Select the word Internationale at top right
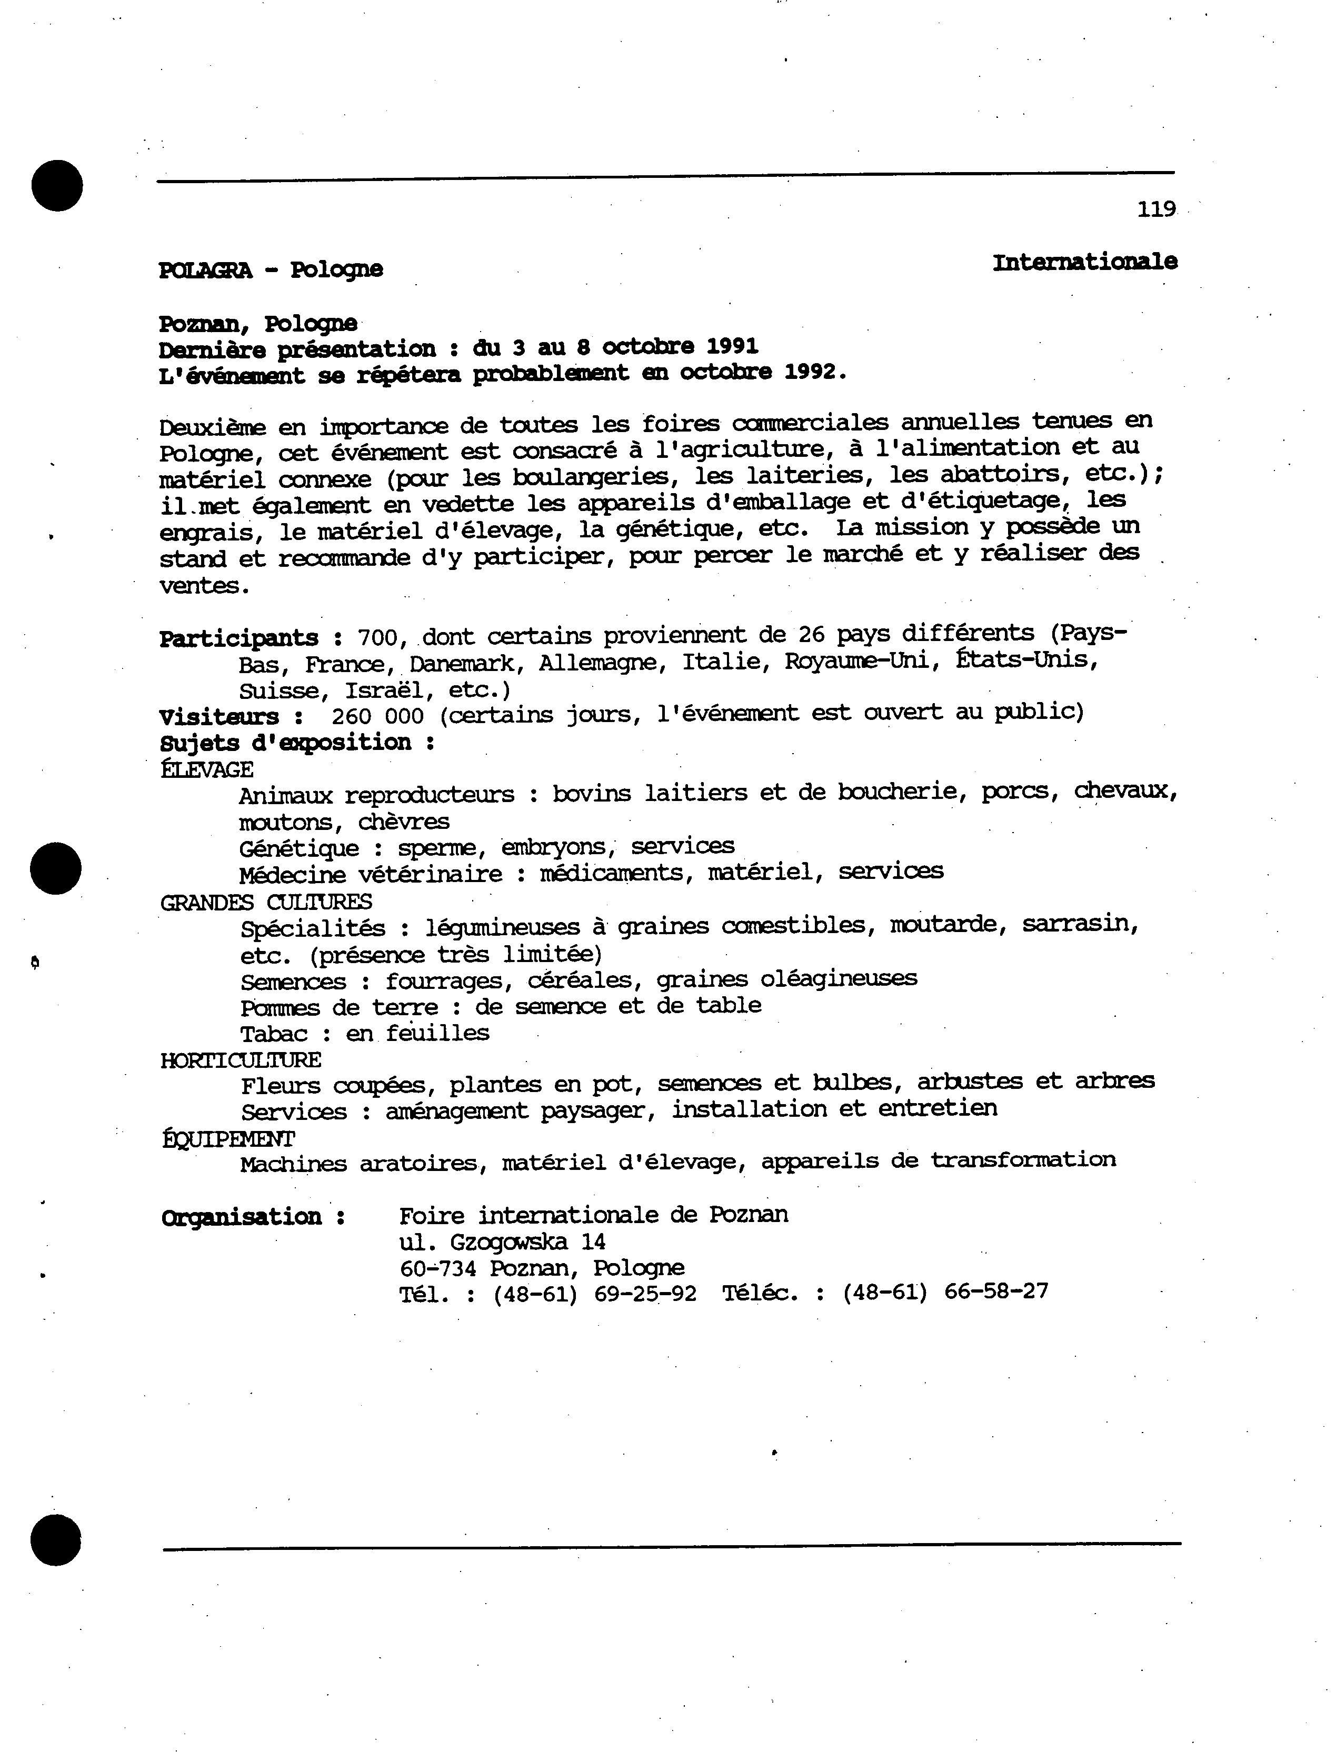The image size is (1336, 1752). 1085,262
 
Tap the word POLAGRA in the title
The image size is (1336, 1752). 205,271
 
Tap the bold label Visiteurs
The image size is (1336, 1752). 218,717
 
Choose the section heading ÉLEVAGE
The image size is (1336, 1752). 207,769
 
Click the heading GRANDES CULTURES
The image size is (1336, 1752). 266,902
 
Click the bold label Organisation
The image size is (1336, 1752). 241,1217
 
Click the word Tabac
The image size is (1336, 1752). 274,1034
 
